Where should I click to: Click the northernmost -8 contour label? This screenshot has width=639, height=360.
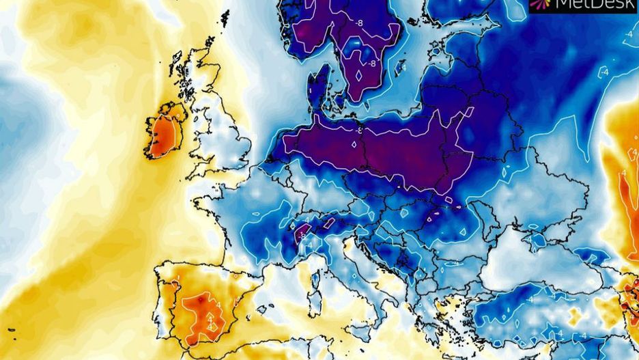(358, 24)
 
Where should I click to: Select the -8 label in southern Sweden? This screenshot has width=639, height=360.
(372, 64)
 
